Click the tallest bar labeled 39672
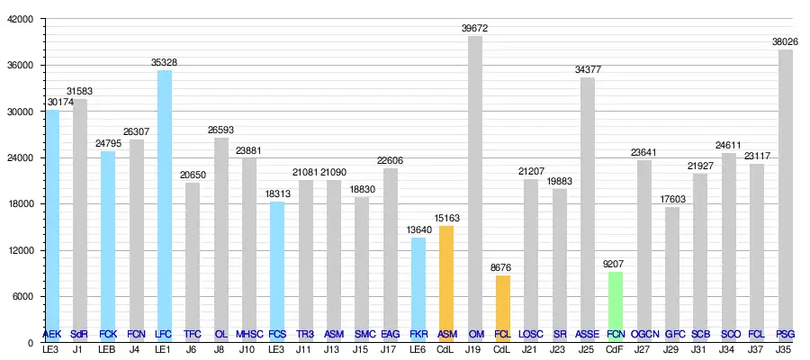[x=474, y=189]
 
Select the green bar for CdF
[x=615, y=306]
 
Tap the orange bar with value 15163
[x=446, y=283]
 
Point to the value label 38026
[x=785, y=41]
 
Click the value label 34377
[x=588, y=69]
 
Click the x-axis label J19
[x=474, y=350]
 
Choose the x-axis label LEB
[x=108, y=350]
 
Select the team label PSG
[x=785, y=334]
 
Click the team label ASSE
[x=587, y=334]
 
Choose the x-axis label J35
[x=785, y=350]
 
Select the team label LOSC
[x=531, y=334]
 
